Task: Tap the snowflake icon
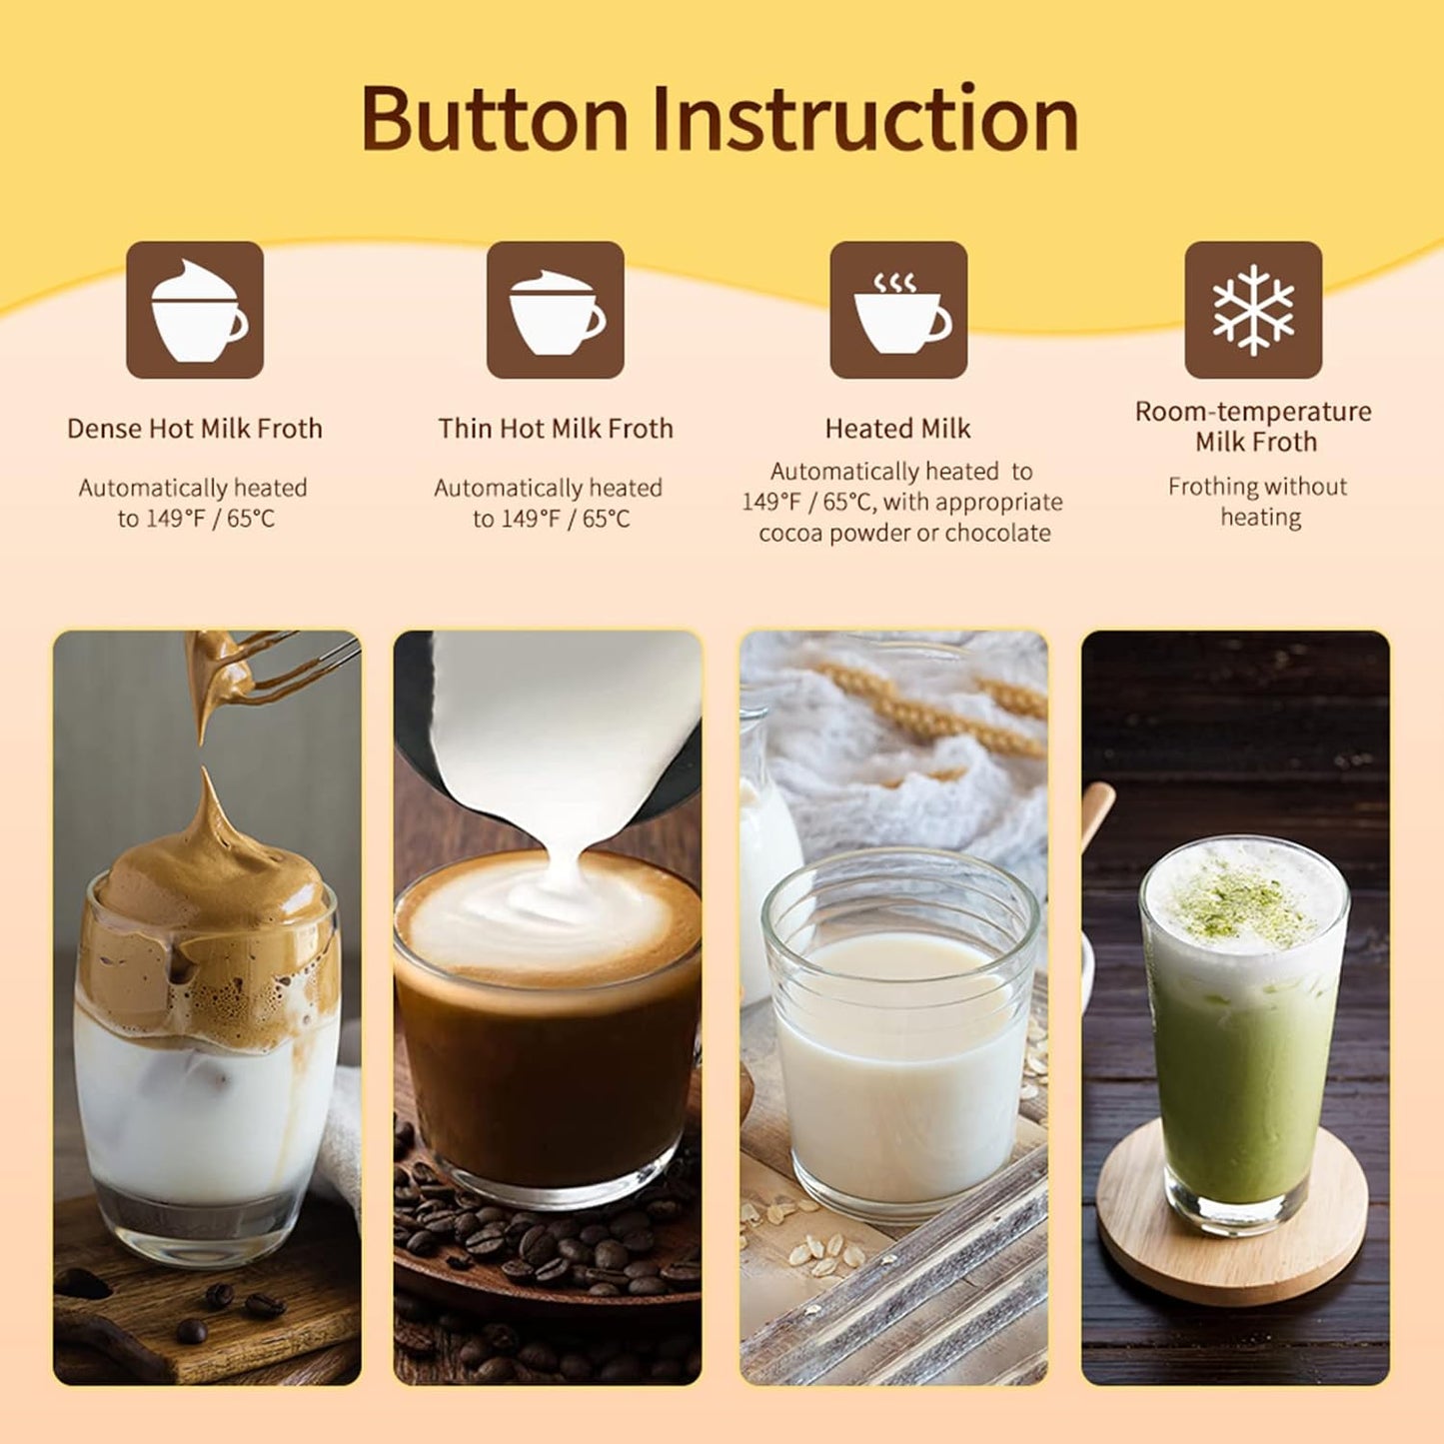pos(1253,310)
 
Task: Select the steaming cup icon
pos(898,310)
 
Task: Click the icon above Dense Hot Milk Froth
pos(195,310)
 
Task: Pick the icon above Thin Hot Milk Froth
pos(556,310)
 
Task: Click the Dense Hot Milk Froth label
pos(195,429)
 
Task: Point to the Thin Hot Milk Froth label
pos(556,429)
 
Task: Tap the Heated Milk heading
pos(897,429)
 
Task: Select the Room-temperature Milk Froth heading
pos(1253,426)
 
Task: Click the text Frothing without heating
pos(1257,502)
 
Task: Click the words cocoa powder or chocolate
pos(904,533)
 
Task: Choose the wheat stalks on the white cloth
pos(919,710)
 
